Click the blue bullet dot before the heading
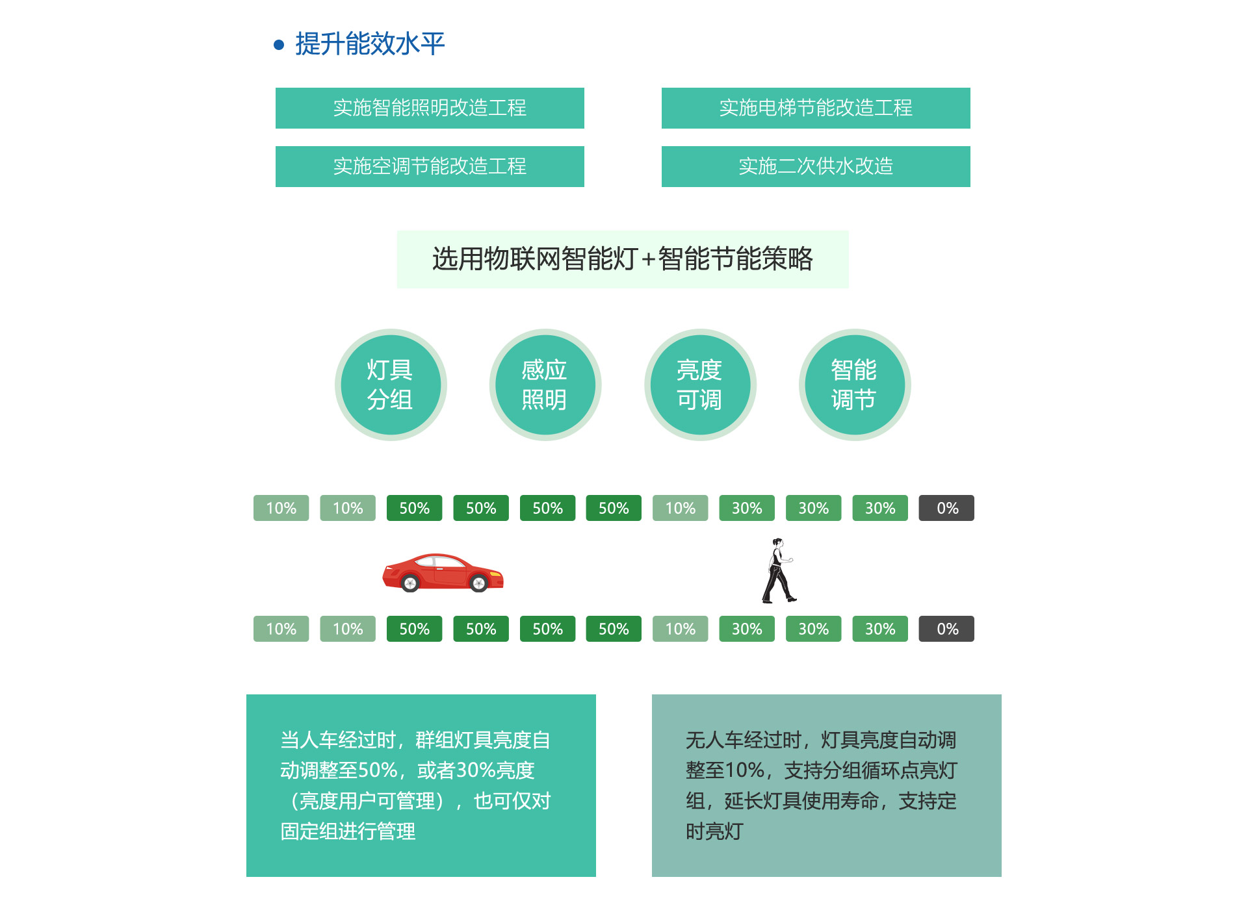pyautogui.click(x=279, y=45)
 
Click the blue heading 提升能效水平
pyautogui.click(x=370, y=44)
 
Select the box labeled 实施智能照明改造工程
pyautogui.click(x=430, y=108)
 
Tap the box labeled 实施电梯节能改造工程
pyautogui.click(x=816, y=108)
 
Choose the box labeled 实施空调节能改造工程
pyautogui.click(x=430, y=166)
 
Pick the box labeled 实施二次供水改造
pyautogui.click(x=816, y=166)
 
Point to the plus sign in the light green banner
pyautogui.click(x=648, y=260)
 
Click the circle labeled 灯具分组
pyautogui.click(x=391, y=385)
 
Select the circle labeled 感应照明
pyautogui.click(x=545, y=385)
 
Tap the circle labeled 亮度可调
pyautogui.click(x=700, y=385)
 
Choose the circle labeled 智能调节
pyautogui.click(x=855, y=385)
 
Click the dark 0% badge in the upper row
pyautogui.click(x=946, y=508)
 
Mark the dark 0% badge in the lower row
pyautogui.click(x=946, y=629)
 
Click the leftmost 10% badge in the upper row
pyautogui.click(x=281, y=508)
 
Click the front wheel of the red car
pyautogui.click(x=479, y=583)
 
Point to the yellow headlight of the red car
pyautogui.click(x=496, y=574)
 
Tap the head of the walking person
pyautogui.click(x=777, y=542)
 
